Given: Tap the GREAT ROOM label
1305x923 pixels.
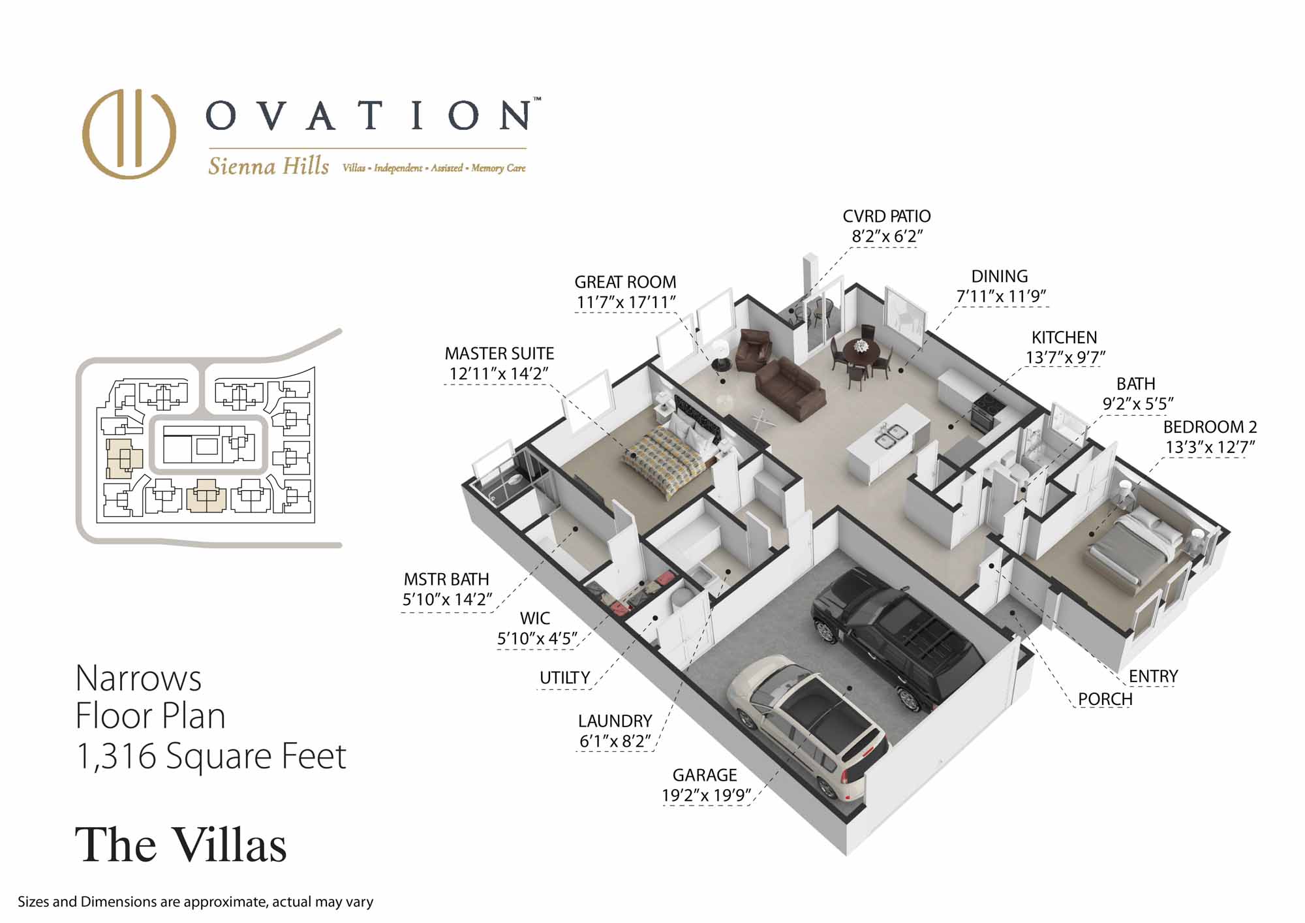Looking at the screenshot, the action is tap(625, 282).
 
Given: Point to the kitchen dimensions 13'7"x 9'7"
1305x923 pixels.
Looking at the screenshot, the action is tap(1064, 358).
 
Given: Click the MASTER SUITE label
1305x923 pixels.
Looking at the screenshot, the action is tap(499, 354).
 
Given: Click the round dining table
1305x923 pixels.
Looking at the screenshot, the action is tap(861, 356).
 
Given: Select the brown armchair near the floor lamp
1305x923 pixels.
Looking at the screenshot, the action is tap(754, 350).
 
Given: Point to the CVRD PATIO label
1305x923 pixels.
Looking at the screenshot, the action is tap(887, 216).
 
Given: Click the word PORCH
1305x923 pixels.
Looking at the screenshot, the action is tap(1105, 699).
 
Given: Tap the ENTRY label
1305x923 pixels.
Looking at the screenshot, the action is tap(1154, 676).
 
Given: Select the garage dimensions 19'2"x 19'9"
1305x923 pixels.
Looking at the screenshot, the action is tap(707, 795).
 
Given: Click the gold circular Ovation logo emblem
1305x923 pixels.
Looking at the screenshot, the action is tap(129, 134).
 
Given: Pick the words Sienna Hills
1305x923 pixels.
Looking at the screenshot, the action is tap(268, 166).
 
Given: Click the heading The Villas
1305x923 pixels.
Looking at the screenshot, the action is tap(181, 845).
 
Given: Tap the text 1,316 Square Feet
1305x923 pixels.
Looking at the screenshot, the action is tap(211, 756).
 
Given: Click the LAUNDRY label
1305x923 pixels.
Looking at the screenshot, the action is tap(615, 721).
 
